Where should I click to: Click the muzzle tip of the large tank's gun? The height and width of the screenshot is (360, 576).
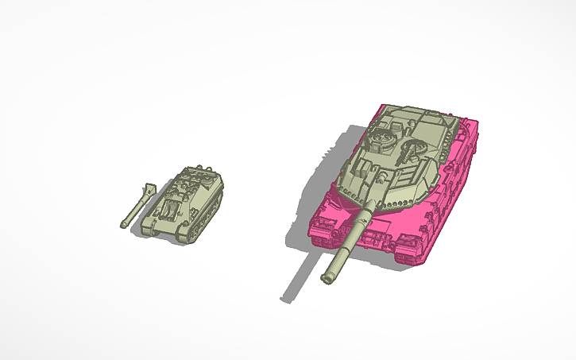click(327, 277)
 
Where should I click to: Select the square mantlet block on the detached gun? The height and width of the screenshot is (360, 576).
click(147, 190)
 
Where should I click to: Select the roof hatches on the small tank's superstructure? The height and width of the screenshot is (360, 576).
click(187, 186)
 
